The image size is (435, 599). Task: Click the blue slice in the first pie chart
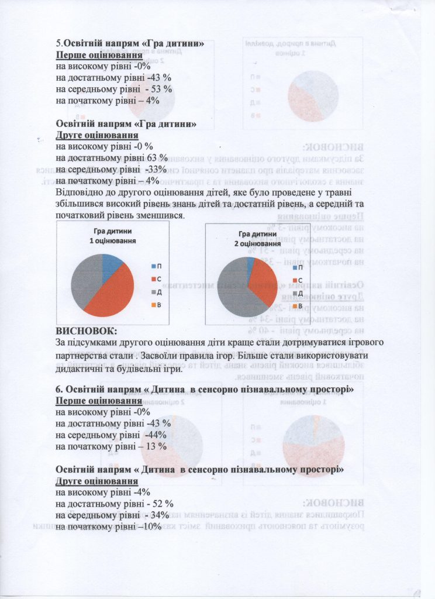pos(111,263)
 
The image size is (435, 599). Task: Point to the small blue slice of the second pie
pos(251,261)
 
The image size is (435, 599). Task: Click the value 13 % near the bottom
pos(158,446)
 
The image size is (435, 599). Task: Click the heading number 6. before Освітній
pos(59,390)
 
